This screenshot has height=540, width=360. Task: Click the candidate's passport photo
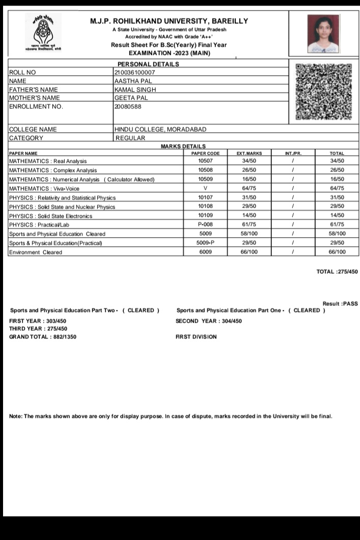click(x=323, y=34)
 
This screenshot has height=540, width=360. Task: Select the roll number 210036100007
click(x=135, y=73)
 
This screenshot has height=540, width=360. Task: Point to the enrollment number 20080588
click(x=128, y=106)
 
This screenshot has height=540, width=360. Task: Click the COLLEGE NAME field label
click(x=33, y=130)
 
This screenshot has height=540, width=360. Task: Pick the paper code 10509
click(x=205, y=179)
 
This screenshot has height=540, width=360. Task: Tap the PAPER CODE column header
click(x=205, y=153)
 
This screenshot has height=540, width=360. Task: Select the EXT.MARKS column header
click(x=249, y=153)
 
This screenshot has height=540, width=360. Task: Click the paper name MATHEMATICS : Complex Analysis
click(x=53, y=170)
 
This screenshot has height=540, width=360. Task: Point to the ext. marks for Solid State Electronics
click(x=249, y=216)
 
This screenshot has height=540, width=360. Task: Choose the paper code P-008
click(x=205, y=224)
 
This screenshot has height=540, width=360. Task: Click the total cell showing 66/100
click(x=337, y=252)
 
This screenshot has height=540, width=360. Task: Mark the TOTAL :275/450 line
click(x=337, y=272)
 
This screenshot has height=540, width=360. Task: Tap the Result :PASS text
click(x=340, y=304)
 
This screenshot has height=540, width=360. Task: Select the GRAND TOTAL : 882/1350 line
click(x=43, y=337)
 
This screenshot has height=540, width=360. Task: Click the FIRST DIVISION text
click(x=196, y=337)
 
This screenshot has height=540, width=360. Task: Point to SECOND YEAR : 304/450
click(x=209, y=321)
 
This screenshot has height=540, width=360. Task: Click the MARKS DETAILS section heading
click(x=183, y=147)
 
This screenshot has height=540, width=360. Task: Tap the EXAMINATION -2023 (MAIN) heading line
click(x=170, y=53)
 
